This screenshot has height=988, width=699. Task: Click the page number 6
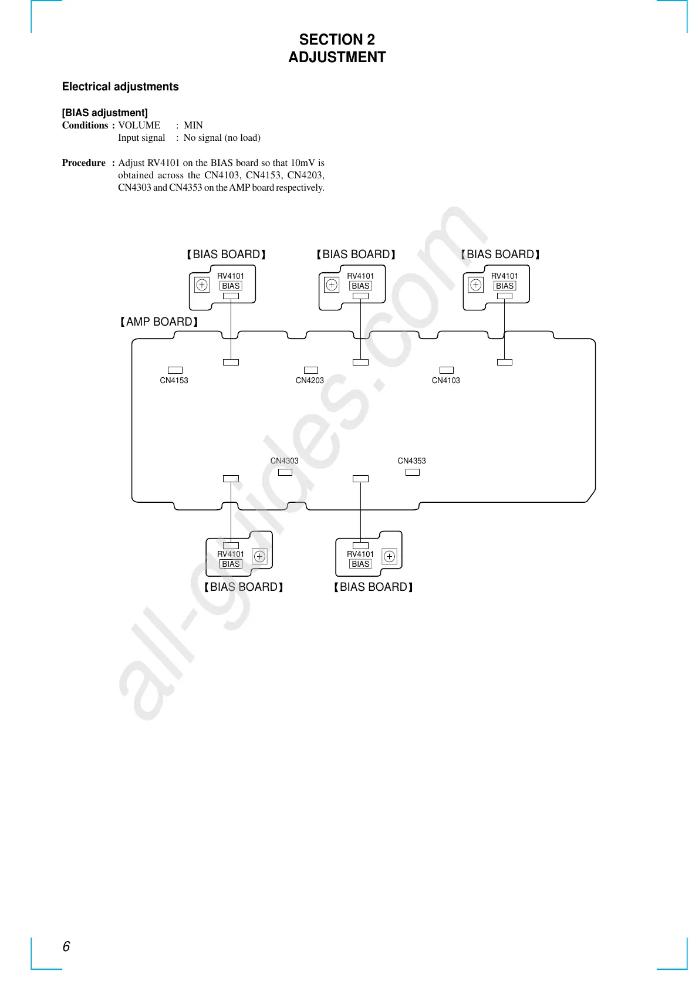[66, 946]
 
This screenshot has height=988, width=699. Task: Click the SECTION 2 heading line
[337, 39]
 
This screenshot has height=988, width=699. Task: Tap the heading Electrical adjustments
[120, 87]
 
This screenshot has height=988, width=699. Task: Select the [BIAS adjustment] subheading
[105, 113]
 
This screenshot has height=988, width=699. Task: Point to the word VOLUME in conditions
[139, 125]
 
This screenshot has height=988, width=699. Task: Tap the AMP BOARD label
[159, 322]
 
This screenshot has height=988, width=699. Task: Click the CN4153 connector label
[174, 380]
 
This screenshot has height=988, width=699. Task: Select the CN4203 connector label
[310, 380]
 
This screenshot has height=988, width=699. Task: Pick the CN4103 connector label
[446, 380]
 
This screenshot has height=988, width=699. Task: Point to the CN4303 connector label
[285, 461]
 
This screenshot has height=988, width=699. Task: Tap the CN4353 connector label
[412, 461]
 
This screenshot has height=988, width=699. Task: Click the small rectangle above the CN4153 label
[175, 370]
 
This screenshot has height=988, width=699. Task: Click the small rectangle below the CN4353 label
[413, 472]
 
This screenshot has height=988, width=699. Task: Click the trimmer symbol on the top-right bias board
[476, 285]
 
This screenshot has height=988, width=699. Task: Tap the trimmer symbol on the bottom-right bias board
[389, 556]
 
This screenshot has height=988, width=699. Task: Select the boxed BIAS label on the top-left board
[231, 286]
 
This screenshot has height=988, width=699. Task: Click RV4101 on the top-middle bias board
[360, 276]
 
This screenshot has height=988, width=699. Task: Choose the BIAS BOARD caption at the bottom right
[373, 587]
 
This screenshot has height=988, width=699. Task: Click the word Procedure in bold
[84, 163]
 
